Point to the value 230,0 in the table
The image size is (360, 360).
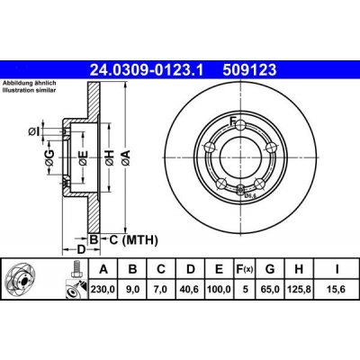tap(103, 290)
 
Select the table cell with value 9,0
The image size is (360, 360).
tap(132, 290)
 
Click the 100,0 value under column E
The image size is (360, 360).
tap(219, 290)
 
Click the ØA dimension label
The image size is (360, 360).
tap(128, 157)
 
